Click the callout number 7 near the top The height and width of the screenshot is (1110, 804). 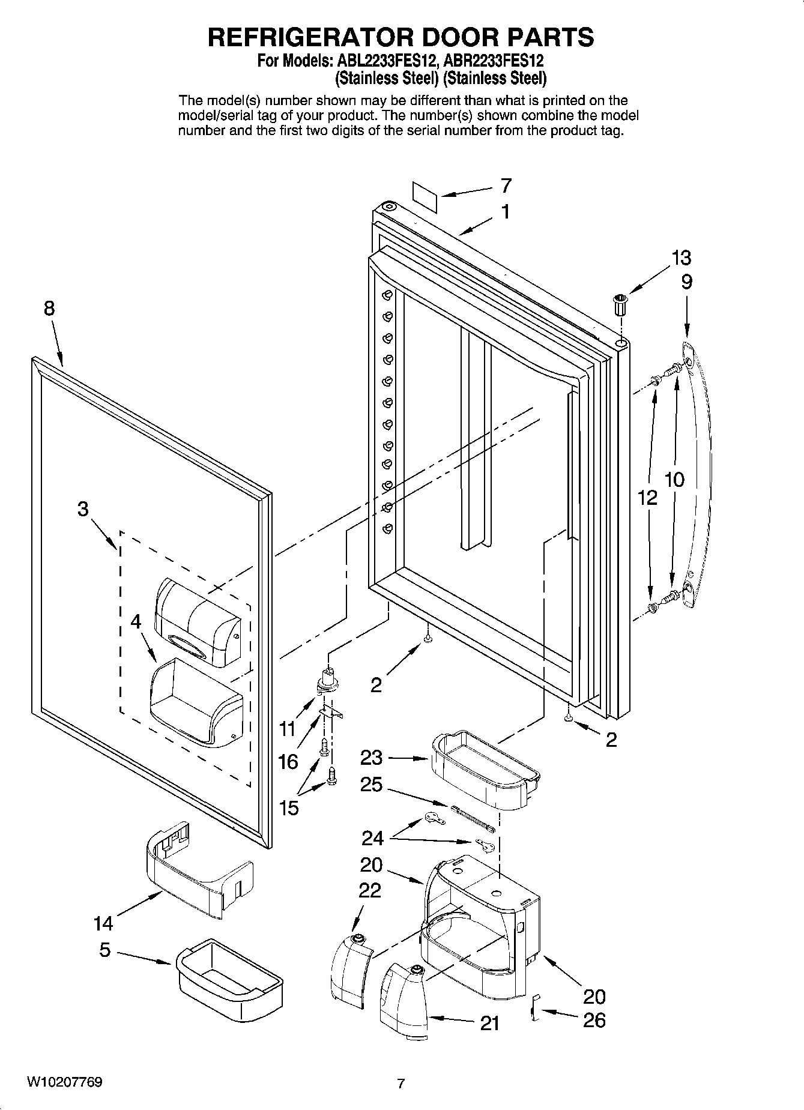point(506,186)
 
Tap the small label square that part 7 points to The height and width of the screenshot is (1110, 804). point(425,195)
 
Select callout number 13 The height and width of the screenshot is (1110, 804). point(682,258)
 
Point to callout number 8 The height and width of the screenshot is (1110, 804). point(49,309)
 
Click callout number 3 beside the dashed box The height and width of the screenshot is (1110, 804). point(83,510)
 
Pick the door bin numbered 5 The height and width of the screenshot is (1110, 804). point(230,979)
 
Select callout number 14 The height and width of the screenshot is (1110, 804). point(103,924)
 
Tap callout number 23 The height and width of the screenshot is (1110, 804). point(371,758)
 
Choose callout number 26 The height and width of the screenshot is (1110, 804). point(594,1020)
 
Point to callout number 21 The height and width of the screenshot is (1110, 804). point(490,1023)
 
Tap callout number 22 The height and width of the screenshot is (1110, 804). point(370,890)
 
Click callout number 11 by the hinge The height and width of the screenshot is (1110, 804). point(288,729)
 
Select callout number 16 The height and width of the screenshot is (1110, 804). point(288,762)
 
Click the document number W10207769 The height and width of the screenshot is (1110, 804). point(64,1082)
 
